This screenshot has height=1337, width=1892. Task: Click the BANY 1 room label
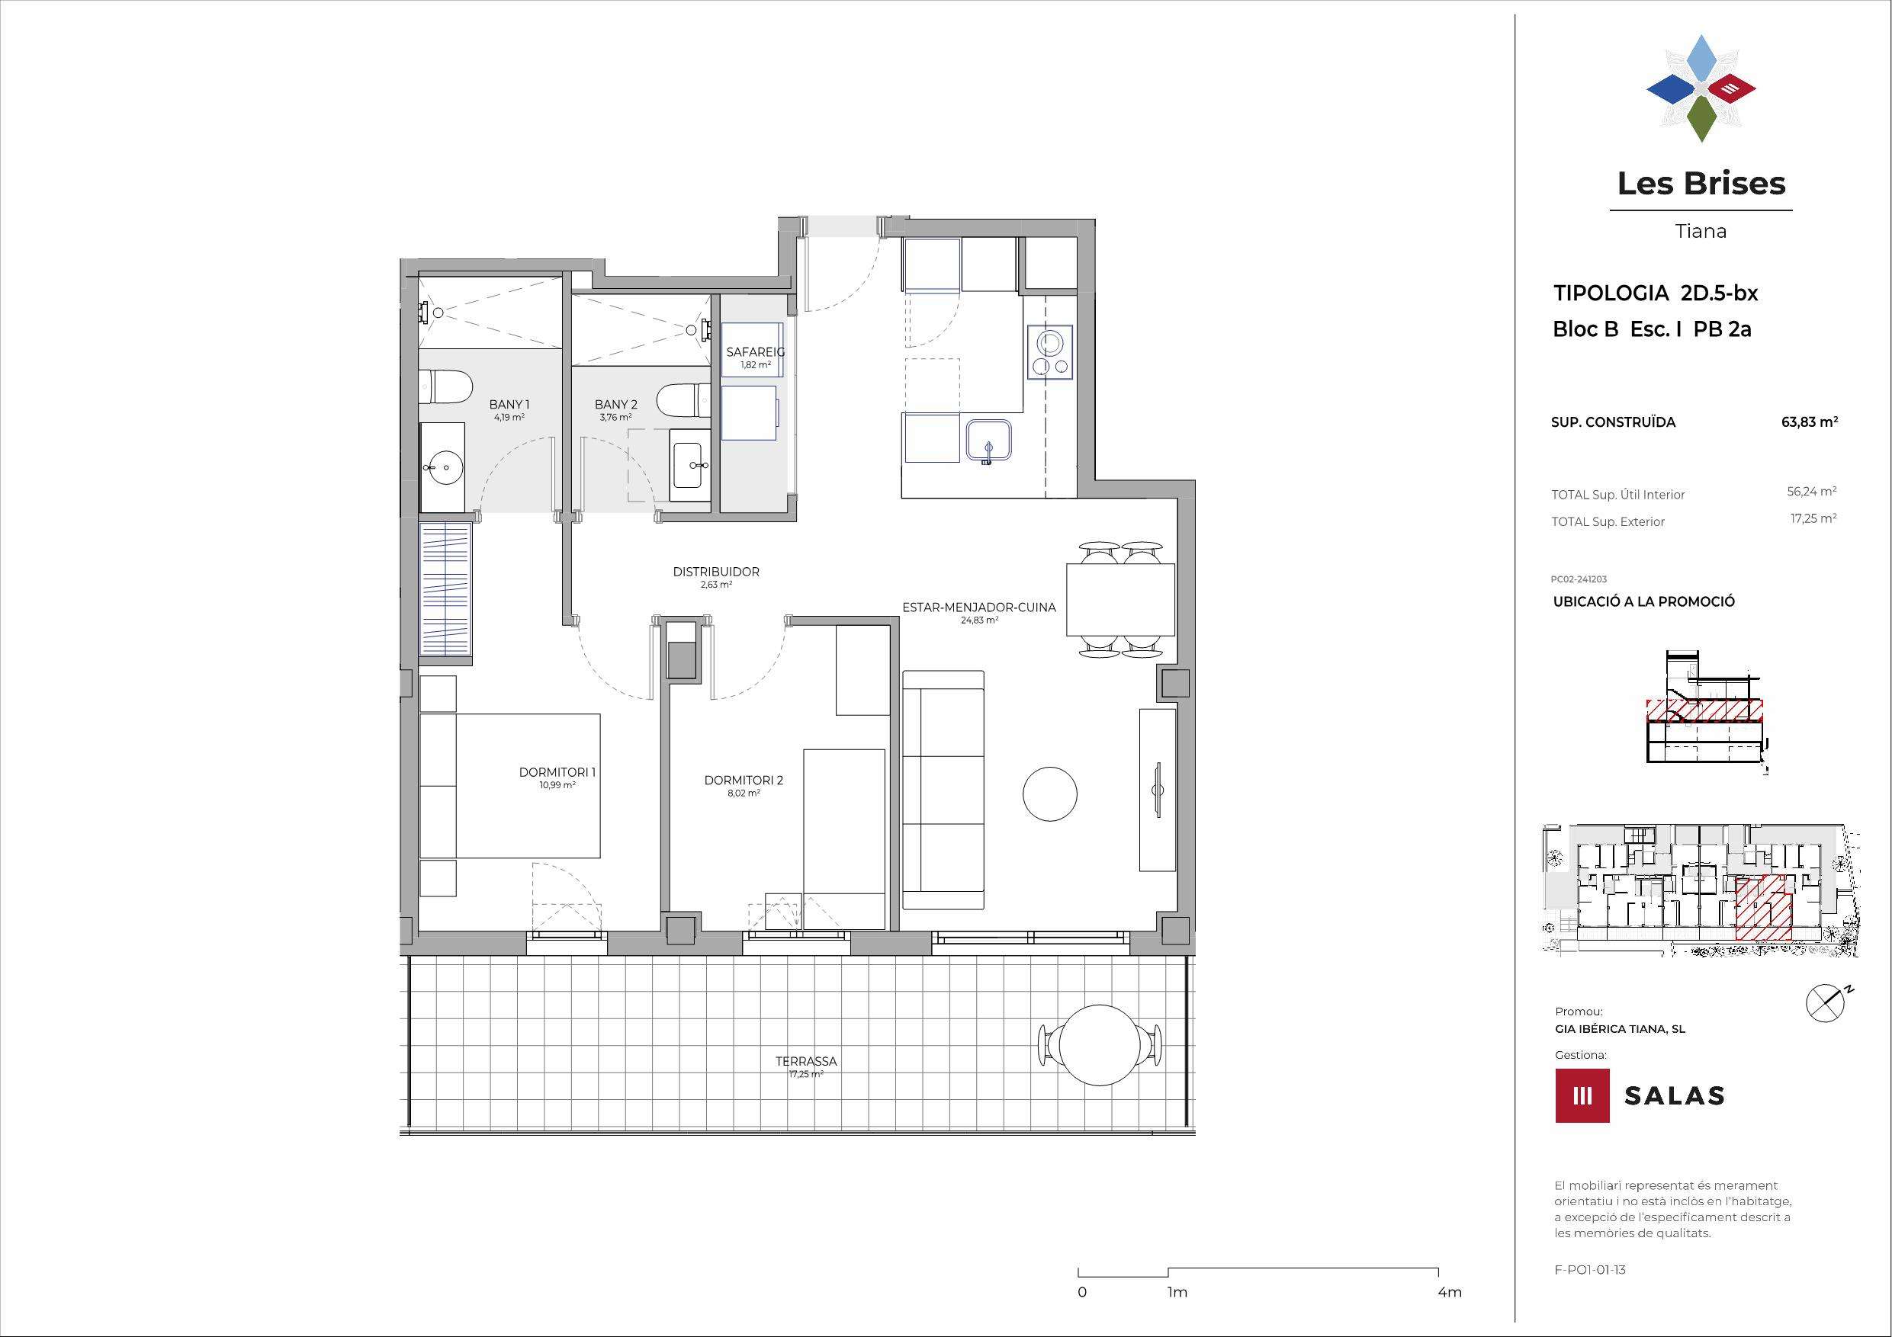[509, 405]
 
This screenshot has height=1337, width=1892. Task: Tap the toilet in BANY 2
[684, 402]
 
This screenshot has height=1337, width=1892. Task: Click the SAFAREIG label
[755, 351]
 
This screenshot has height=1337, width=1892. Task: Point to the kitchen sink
[989, 441]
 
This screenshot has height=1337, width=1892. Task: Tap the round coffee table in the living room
[1050, 794]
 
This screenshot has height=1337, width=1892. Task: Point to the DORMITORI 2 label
[744, 780]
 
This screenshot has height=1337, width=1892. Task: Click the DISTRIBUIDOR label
[716, 572]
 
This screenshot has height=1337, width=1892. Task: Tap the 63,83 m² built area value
[1810, 422]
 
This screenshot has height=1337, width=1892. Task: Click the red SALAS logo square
[1582, 1095]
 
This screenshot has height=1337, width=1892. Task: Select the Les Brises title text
[1701, 183]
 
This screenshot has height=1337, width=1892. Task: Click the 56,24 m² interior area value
[1811, 492]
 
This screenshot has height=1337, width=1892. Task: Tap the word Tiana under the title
[1701, 232]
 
